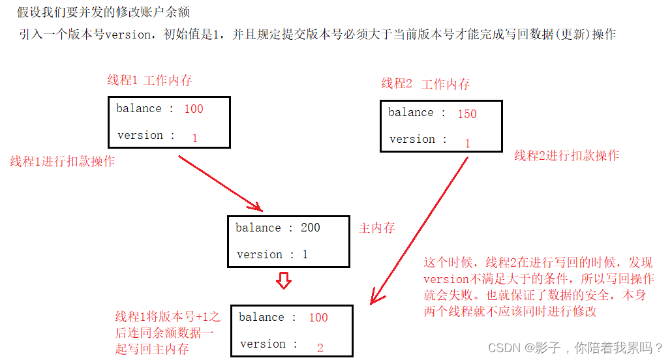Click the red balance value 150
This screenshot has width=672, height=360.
click(467, 114)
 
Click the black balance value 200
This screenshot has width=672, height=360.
click(311, 228)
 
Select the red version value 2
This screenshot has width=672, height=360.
click(320, 348)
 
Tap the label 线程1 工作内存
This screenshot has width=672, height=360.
click(149, 80)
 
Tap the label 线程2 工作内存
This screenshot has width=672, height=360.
click(425, 84)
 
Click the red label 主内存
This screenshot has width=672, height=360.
click(377, 228)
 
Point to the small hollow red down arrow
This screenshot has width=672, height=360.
click(283, 281)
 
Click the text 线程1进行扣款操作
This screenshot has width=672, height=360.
click(63, 162)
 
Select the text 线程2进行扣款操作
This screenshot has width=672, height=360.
click(566, 155)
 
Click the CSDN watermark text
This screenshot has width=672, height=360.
click(575, 348)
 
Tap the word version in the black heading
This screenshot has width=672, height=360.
click(127, 35)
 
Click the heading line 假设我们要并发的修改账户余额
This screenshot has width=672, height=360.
click(104, 12)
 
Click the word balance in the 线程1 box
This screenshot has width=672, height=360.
click(139, 108)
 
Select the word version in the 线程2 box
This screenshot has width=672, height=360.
click(412, 139)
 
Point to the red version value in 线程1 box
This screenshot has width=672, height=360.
click(194, 138)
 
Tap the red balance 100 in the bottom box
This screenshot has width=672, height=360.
click(318, 318)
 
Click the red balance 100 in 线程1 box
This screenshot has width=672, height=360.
click(194, 109)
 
